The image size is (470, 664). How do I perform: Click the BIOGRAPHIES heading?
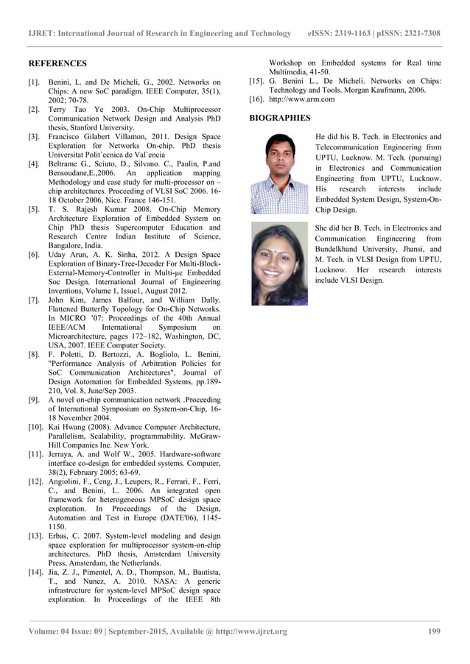[280, 118]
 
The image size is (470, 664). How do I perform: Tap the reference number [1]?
[34, 83]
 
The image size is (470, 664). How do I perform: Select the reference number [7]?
[34, 300]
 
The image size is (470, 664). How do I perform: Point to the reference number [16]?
[257, 99]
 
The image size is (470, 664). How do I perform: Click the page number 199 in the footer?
[434, 632]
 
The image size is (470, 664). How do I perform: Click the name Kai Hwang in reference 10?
[69, 427]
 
